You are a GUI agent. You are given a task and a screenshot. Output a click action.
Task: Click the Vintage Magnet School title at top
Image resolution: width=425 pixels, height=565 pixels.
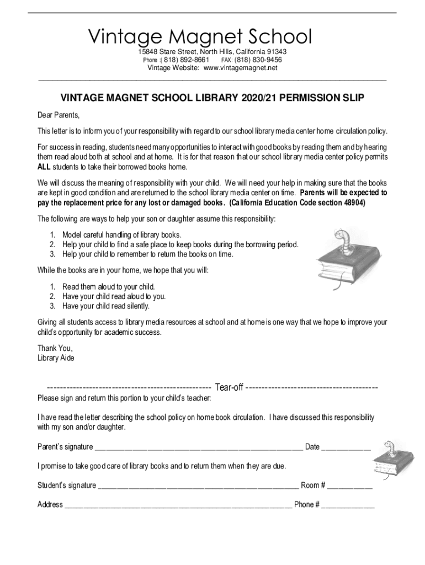200,37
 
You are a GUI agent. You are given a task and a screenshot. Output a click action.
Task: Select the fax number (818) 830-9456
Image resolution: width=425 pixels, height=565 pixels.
258,60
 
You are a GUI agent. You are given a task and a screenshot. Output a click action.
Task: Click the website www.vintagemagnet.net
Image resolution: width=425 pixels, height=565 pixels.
240,68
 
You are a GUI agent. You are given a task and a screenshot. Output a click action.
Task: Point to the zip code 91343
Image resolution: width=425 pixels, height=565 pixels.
274,52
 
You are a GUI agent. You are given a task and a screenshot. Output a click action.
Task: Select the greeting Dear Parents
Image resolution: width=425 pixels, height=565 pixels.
59,115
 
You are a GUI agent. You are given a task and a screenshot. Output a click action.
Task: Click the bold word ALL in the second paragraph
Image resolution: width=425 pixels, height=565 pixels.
46,167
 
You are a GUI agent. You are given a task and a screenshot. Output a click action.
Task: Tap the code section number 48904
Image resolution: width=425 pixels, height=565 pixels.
354,202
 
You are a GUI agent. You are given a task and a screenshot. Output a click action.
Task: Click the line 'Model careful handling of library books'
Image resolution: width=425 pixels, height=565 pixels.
121,234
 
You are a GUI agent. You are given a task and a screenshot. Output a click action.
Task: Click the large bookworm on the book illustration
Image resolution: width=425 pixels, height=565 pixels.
337,243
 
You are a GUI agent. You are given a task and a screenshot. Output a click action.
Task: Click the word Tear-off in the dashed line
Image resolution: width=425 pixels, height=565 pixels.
229,387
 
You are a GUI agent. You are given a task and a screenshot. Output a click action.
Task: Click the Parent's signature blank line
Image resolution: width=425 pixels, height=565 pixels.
199,447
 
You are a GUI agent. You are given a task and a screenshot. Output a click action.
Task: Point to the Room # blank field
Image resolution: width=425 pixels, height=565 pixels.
349,486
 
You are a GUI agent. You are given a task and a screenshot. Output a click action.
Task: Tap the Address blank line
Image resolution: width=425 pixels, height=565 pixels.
178,505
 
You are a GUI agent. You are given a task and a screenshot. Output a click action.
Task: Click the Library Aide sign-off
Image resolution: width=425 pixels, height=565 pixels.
56,358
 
